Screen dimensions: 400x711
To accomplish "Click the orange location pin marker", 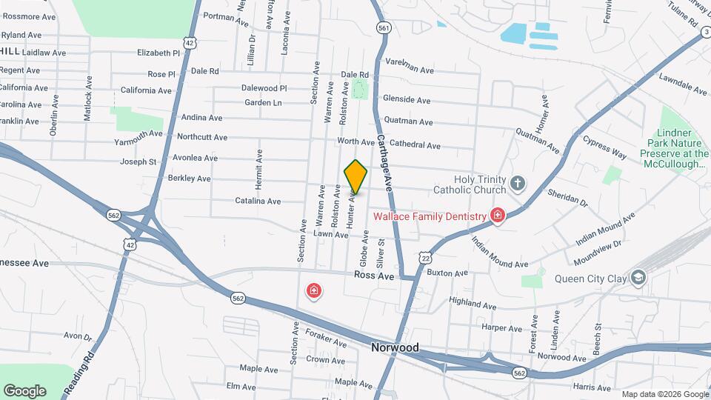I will [x=355, y=176].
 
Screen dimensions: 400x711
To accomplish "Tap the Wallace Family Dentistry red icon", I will [x=498, y=216].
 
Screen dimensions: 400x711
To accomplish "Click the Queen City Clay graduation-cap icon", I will [x=638, y=279].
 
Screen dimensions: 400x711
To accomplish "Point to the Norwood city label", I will [x=395, y=347].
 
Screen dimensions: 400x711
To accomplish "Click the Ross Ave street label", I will [x=373, y=275].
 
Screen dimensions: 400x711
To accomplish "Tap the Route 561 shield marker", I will [x=383, y=27].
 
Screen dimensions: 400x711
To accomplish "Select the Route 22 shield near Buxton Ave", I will [x=424, y=256].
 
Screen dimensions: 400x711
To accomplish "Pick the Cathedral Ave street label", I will [x=415, y=145].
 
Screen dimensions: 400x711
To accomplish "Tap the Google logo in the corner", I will [x=24, y=391].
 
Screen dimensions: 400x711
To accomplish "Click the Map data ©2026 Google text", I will [x=665, y=394].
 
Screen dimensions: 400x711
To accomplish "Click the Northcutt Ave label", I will [x=199, y=136].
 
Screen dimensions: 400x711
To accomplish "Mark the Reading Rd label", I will [x=92, y=363].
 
